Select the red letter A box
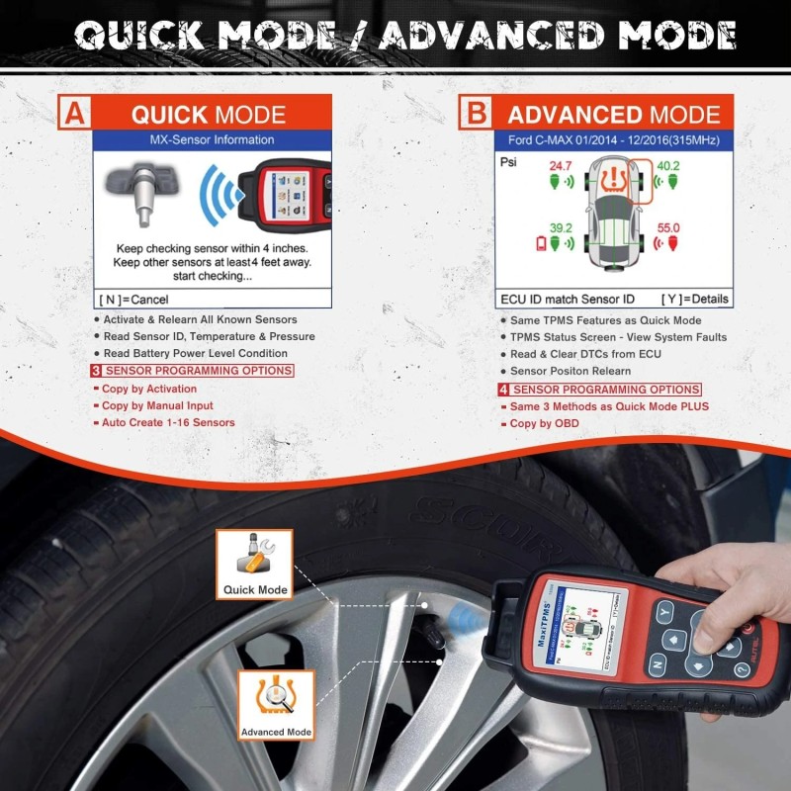click(74, 113)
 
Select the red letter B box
click(477, 113)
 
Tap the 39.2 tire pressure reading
click(561, 226)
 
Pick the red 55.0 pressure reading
click(668, 227)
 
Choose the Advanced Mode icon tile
click(276, 705)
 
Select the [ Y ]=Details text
click(694, 298)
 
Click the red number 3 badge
click(95, 371)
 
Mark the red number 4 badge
click(504, 390)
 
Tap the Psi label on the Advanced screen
click(510, 157)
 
